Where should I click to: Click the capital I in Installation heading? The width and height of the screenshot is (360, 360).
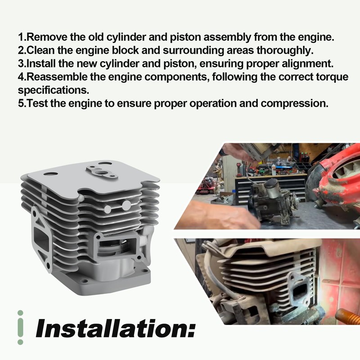[41, 329]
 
